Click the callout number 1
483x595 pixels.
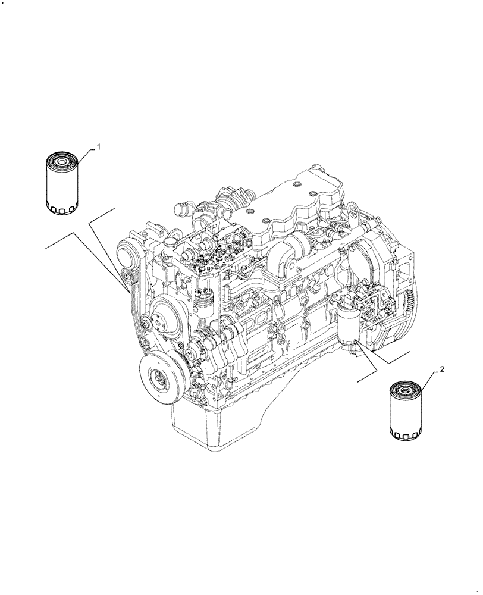click(99, 146)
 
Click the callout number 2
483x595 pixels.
click(442, 369)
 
